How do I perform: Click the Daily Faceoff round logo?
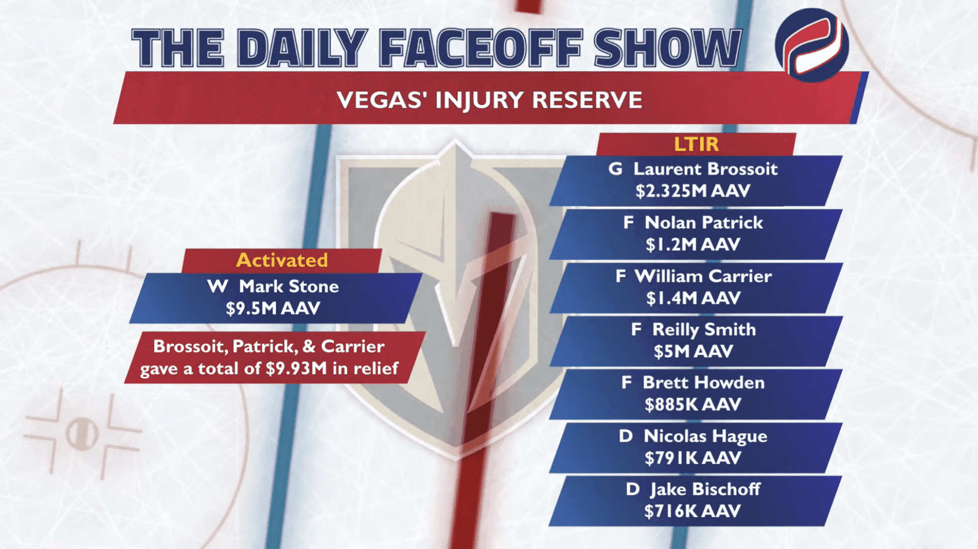812,45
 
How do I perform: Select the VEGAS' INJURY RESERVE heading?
489,100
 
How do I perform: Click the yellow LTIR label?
696,144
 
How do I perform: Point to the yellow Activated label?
282,260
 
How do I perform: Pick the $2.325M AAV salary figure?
692,191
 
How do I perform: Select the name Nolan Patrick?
703,223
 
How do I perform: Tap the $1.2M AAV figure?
692,245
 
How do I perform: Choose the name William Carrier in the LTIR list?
703,276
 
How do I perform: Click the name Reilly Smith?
704,330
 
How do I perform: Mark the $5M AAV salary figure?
693,352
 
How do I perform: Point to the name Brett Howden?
703,383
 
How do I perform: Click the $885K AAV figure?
692,405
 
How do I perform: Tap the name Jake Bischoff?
705,489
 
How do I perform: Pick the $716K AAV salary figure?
692,511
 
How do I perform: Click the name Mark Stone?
289,286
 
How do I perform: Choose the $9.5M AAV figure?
273,308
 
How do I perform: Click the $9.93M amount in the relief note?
296,368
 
